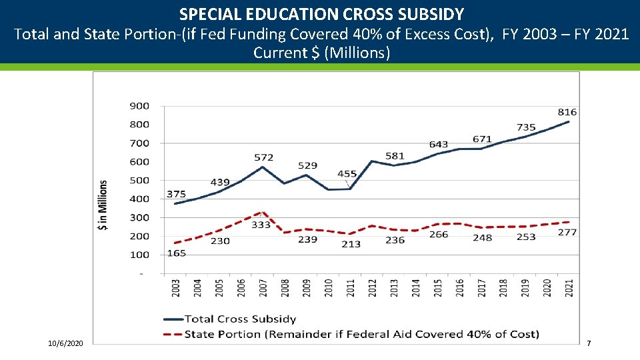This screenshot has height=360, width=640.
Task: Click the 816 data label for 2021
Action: pos(567,112)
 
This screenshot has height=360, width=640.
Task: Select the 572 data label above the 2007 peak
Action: pos(263,157)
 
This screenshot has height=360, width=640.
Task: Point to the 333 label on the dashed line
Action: pos(261,225)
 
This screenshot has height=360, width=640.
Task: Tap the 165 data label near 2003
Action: pos(177,253)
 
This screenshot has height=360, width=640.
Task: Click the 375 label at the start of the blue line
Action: pos(176,194)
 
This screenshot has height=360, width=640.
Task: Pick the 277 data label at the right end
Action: pos(567,232)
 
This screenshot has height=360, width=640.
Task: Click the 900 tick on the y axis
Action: pos(139,105)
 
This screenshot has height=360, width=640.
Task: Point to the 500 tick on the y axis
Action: pos(139,180)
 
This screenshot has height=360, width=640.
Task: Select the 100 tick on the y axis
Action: pos(139,255)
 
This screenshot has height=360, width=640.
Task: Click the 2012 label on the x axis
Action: pos(373,288)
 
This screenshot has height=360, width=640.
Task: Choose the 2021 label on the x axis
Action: pos(569,288)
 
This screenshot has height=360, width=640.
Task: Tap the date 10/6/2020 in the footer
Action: pos(66,343)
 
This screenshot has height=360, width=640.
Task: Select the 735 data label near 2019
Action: pos(526,127)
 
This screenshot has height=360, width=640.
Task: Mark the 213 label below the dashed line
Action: pos(351,244)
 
